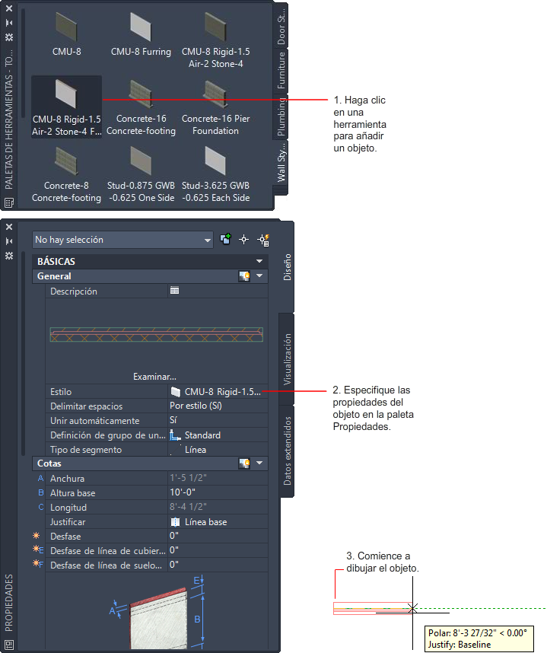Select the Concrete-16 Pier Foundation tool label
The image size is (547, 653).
coord(215,125)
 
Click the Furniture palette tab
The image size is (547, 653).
coord(281,71)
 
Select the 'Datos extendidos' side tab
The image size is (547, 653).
coord(287,451)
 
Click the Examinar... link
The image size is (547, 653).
coord(154,377)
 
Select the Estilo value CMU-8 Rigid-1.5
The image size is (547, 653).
coord(222,392)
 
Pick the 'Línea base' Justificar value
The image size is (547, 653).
coord(205,522)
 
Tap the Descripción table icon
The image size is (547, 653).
coord(174,291)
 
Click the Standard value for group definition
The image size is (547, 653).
coord(202,435)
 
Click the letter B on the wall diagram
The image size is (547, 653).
coord(197,619)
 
